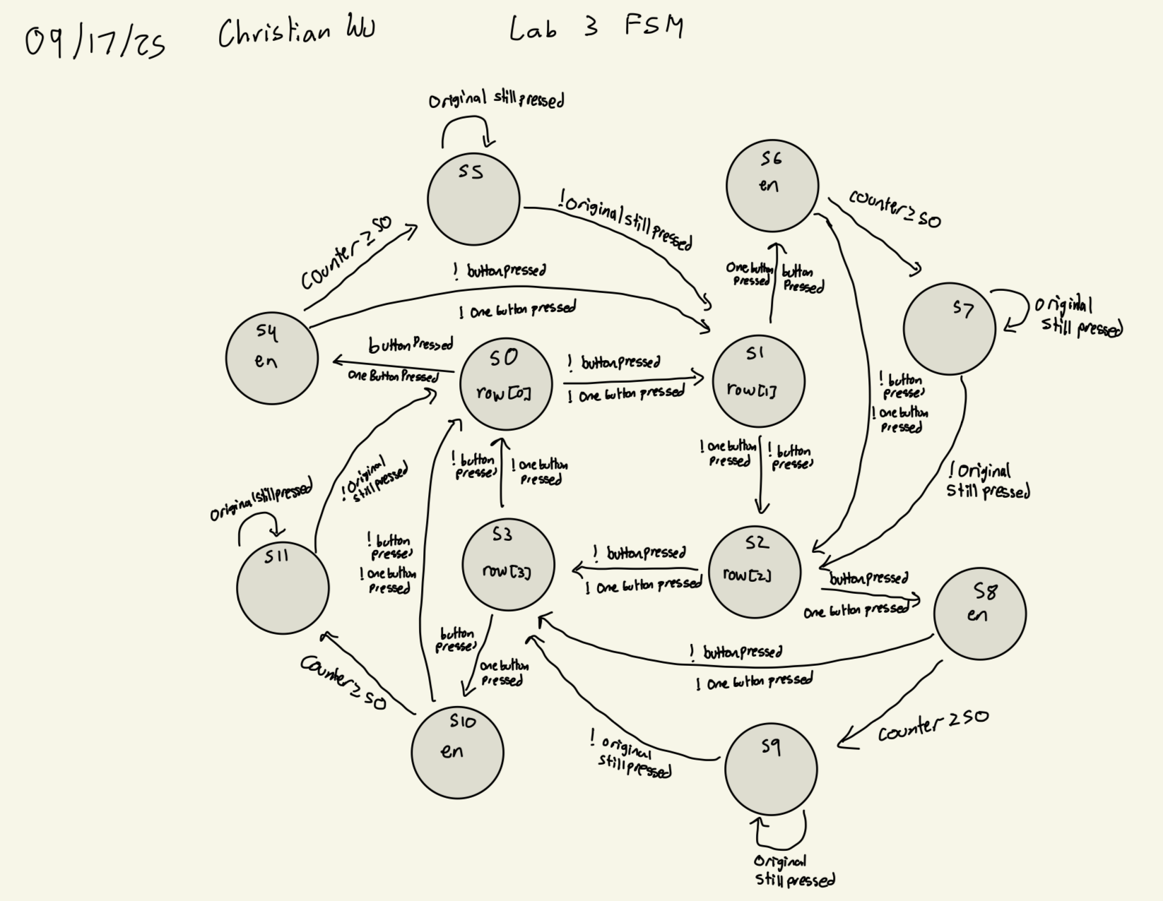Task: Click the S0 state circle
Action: (x=506, y=384)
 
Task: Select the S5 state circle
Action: (x=473, y=200)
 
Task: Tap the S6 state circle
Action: (x=772, y=186)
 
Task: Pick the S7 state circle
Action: (x=949, y=328)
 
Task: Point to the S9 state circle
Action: (x=771, y=769)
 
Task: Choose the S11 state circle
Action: (x=283, y=587)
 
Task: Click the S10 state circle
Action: (x=457, y=753)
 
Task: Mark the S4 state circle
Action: (x=271, y=358)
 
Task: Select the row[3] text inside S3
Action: (x=507, y=571)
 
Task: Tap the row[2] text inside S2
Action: (x=747, y=575)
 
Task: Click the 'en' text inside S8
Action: (x=977, y=615)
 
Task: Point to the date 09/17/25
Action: (x=95, y=42)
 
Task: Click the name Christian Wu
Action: (x=297, y=32)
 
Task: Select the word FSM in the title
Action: (x=654, y=27)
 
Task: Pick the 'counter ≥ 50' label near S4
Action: (x=346, y=252)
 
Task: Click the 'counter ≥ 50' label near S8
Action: (x=933, y=726)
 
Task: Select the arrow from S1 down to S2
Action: (x=761, y=475)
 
